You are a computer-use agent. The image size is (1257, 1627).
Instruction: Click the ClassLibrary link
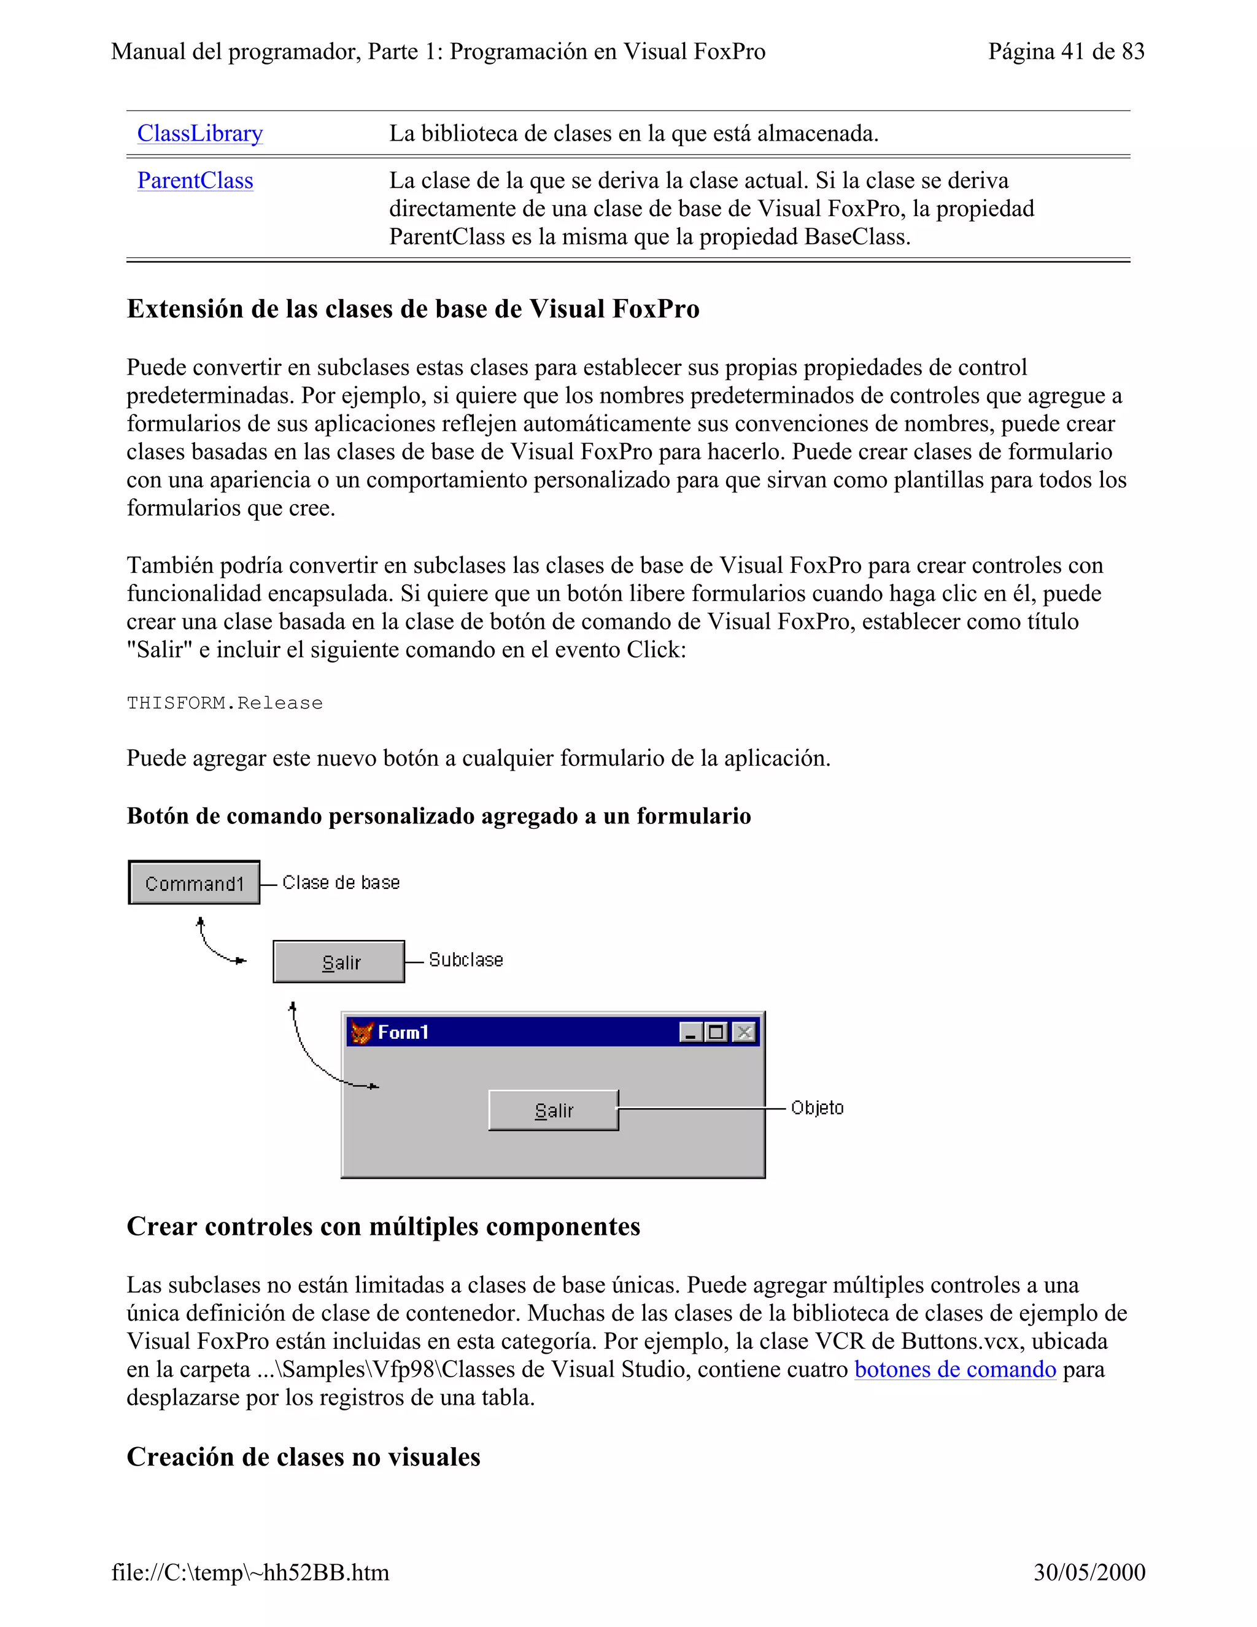coord(199,133)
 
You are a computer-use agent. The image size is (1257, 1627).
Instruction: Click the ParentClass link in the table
coord(195,181)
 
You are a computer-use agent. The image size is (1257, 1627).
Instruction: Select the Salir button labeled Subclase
coord(339,961)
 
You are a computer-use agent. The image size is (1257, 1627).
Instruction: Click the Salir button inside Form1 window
coord(553,1110)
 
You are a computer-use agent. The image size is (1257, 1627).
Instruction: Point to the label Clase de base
coord(341,883)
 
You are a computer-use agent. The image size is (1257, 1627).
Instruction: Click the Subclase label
coord(465,960)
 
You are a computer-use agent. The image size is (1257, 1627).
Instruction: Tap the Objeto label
coord(817,1108)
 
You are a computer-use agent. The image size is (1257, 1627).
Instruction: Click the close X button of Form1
coord(743,1032)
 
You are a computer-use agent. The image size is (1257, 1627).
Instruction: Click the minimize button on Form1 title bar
coord(690,1032)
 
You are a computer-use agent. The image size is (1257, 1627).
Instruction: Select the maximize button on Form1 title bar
coord(716,1032)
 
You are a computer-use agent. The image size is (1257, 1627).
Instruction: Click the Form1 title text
coord(403,1033)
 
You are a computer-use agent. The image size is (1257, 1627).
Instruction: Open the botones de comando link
coord(954,1369)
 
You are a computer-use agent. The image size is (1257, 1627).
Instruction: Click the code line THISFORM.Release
coord(224,703)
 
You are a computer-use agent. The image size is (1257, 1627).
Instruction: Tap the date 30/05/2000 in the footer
coord(1089,1572)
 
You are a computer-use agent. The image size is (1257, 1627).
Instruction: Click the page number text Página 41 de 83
coord(1066,52)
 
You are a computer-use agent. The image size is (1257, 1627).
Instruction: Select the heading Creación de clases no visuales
coord(303,1456)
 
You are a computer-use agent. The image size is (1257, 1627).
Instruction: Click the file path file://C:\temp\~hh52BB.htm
coord(250,1572)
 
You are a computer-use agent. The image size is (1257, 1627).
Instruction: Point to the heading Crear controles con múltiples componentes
coord(383,1226)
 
